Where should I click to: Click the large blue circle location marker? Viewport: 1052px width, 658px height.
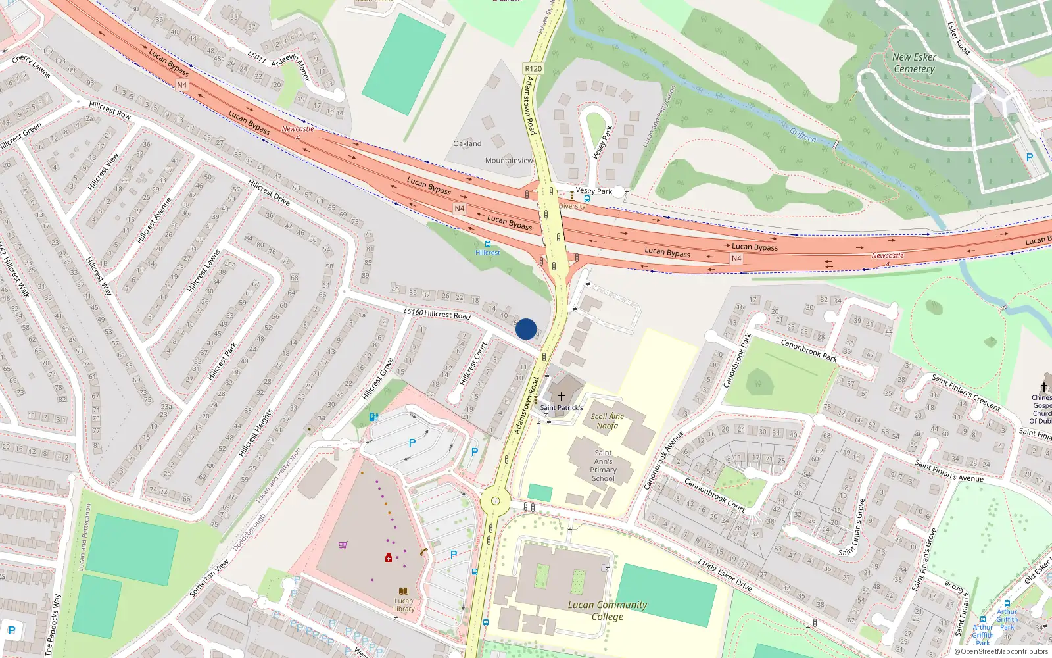[526, 329]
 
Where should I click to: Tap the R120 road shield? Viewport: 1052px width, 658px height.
[533, 68]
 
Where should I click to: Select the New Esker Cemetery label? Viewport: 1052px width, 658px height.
[914, 63]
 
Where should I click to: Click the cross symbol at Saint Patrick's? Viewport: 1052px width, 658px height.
[561, 397]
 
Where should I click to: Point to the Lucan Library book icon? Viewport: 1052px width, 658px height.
[404, 592]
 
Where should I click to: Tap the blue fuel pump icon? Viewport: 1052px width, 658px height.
[373, 417]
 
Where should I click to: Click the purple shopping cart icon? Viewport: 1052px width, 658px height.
[343, 545]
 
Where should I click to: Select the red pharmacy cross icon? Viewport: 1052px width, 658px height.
[389, 557]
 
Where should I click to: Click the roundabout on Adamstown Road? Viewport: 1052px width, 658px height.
[495, 501]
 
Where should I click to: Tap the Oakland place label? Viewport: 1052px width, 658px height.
[467, 143]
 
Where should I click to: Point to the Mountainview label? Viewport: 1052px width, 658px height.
[509, 161]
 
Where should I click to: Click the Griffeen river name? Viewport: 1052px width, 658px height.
[803, 136]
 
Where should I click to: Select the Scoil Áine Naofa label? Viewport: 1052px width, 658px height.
[607, 421]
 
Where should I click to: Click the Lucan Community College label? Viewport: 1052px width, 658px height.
[607, 611]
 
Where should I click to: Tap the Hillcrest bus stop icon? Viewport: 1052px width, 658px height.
[487, 244]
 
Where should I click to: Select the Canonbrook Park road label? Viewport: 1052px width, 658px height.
[809, 350]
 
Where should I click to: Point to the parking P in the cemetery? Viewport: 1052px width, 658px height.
[1030, 157]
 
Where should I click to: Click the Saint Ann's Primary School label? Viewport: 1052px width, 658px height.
[603, 465]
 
